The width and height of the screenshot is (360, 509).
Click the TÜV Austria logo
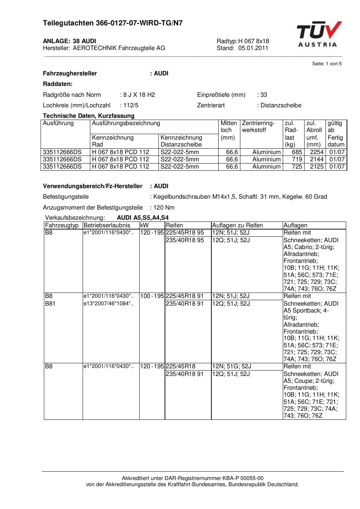[319, 34]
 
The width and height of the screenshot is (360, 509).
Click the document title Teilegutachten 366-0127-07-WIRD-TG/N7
[113, 23]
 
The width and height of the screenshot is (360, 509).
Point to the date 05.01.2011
[253, 48]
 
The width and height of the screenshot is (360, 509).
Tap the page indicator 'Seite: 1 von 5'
[327, 64]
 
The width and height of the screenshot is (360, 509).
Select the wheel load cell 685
[297, 152]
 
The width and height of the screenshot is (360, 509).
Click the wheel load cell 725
[297, 167]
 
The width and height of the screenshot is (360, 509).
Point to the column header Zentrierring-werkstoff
[258, 127]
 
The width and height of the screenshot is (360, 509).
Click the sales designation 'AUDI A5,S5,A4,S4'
[143, 218]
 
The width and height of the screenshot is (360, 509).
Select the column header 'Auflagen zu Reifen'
[237, 225]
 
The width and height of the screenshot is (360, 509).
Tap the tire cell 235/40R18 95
[185, 240]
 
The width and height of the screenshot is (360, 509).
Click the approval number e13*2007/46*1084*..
[108, 303]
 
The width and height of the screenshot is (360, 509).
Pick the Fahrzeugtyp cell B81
[50, 303]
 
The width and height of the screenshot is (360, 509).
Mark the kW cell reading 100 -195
[152, 296]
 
